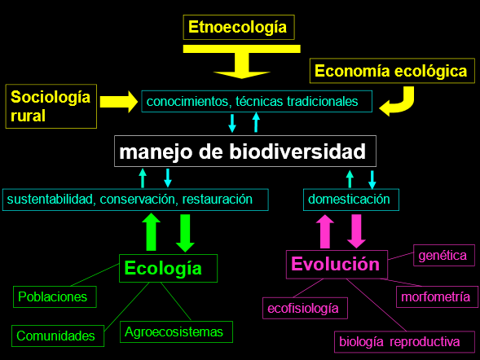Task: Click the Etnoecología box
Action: tap(239, 27)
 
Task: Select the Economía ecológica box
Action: tap(392, 71)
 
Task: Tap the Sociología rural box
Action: tap(51, 106)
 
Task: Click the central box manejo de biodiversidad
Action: tap(245, 151)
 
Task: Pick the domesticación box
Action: tap(351, 200)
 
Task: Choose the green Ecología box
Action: tap(169, 268)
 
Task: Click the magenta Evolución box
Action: tap(337, 264)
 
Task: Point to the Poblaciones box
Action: tap(55, 296)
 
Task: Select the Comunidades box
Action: tap(58, 336)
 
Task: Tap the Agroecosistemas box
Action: tap(176, 331)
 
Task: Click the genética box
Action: tap(444, 256)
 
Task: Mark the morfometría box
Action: tap(437, 296)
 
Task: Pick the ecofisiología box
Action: tap(306, 308)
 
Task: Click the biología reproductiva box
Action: tap(404, 341)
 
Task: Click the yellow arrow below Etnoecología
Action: tap(242, 61)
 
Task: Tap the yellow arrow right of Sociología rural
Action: tap(119, 102)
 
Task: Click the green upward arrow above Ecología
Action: tap(152, 232)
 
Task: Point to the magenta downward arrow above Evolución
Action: tap(356, 231)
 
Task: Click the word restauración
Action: tap(218, 200)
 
